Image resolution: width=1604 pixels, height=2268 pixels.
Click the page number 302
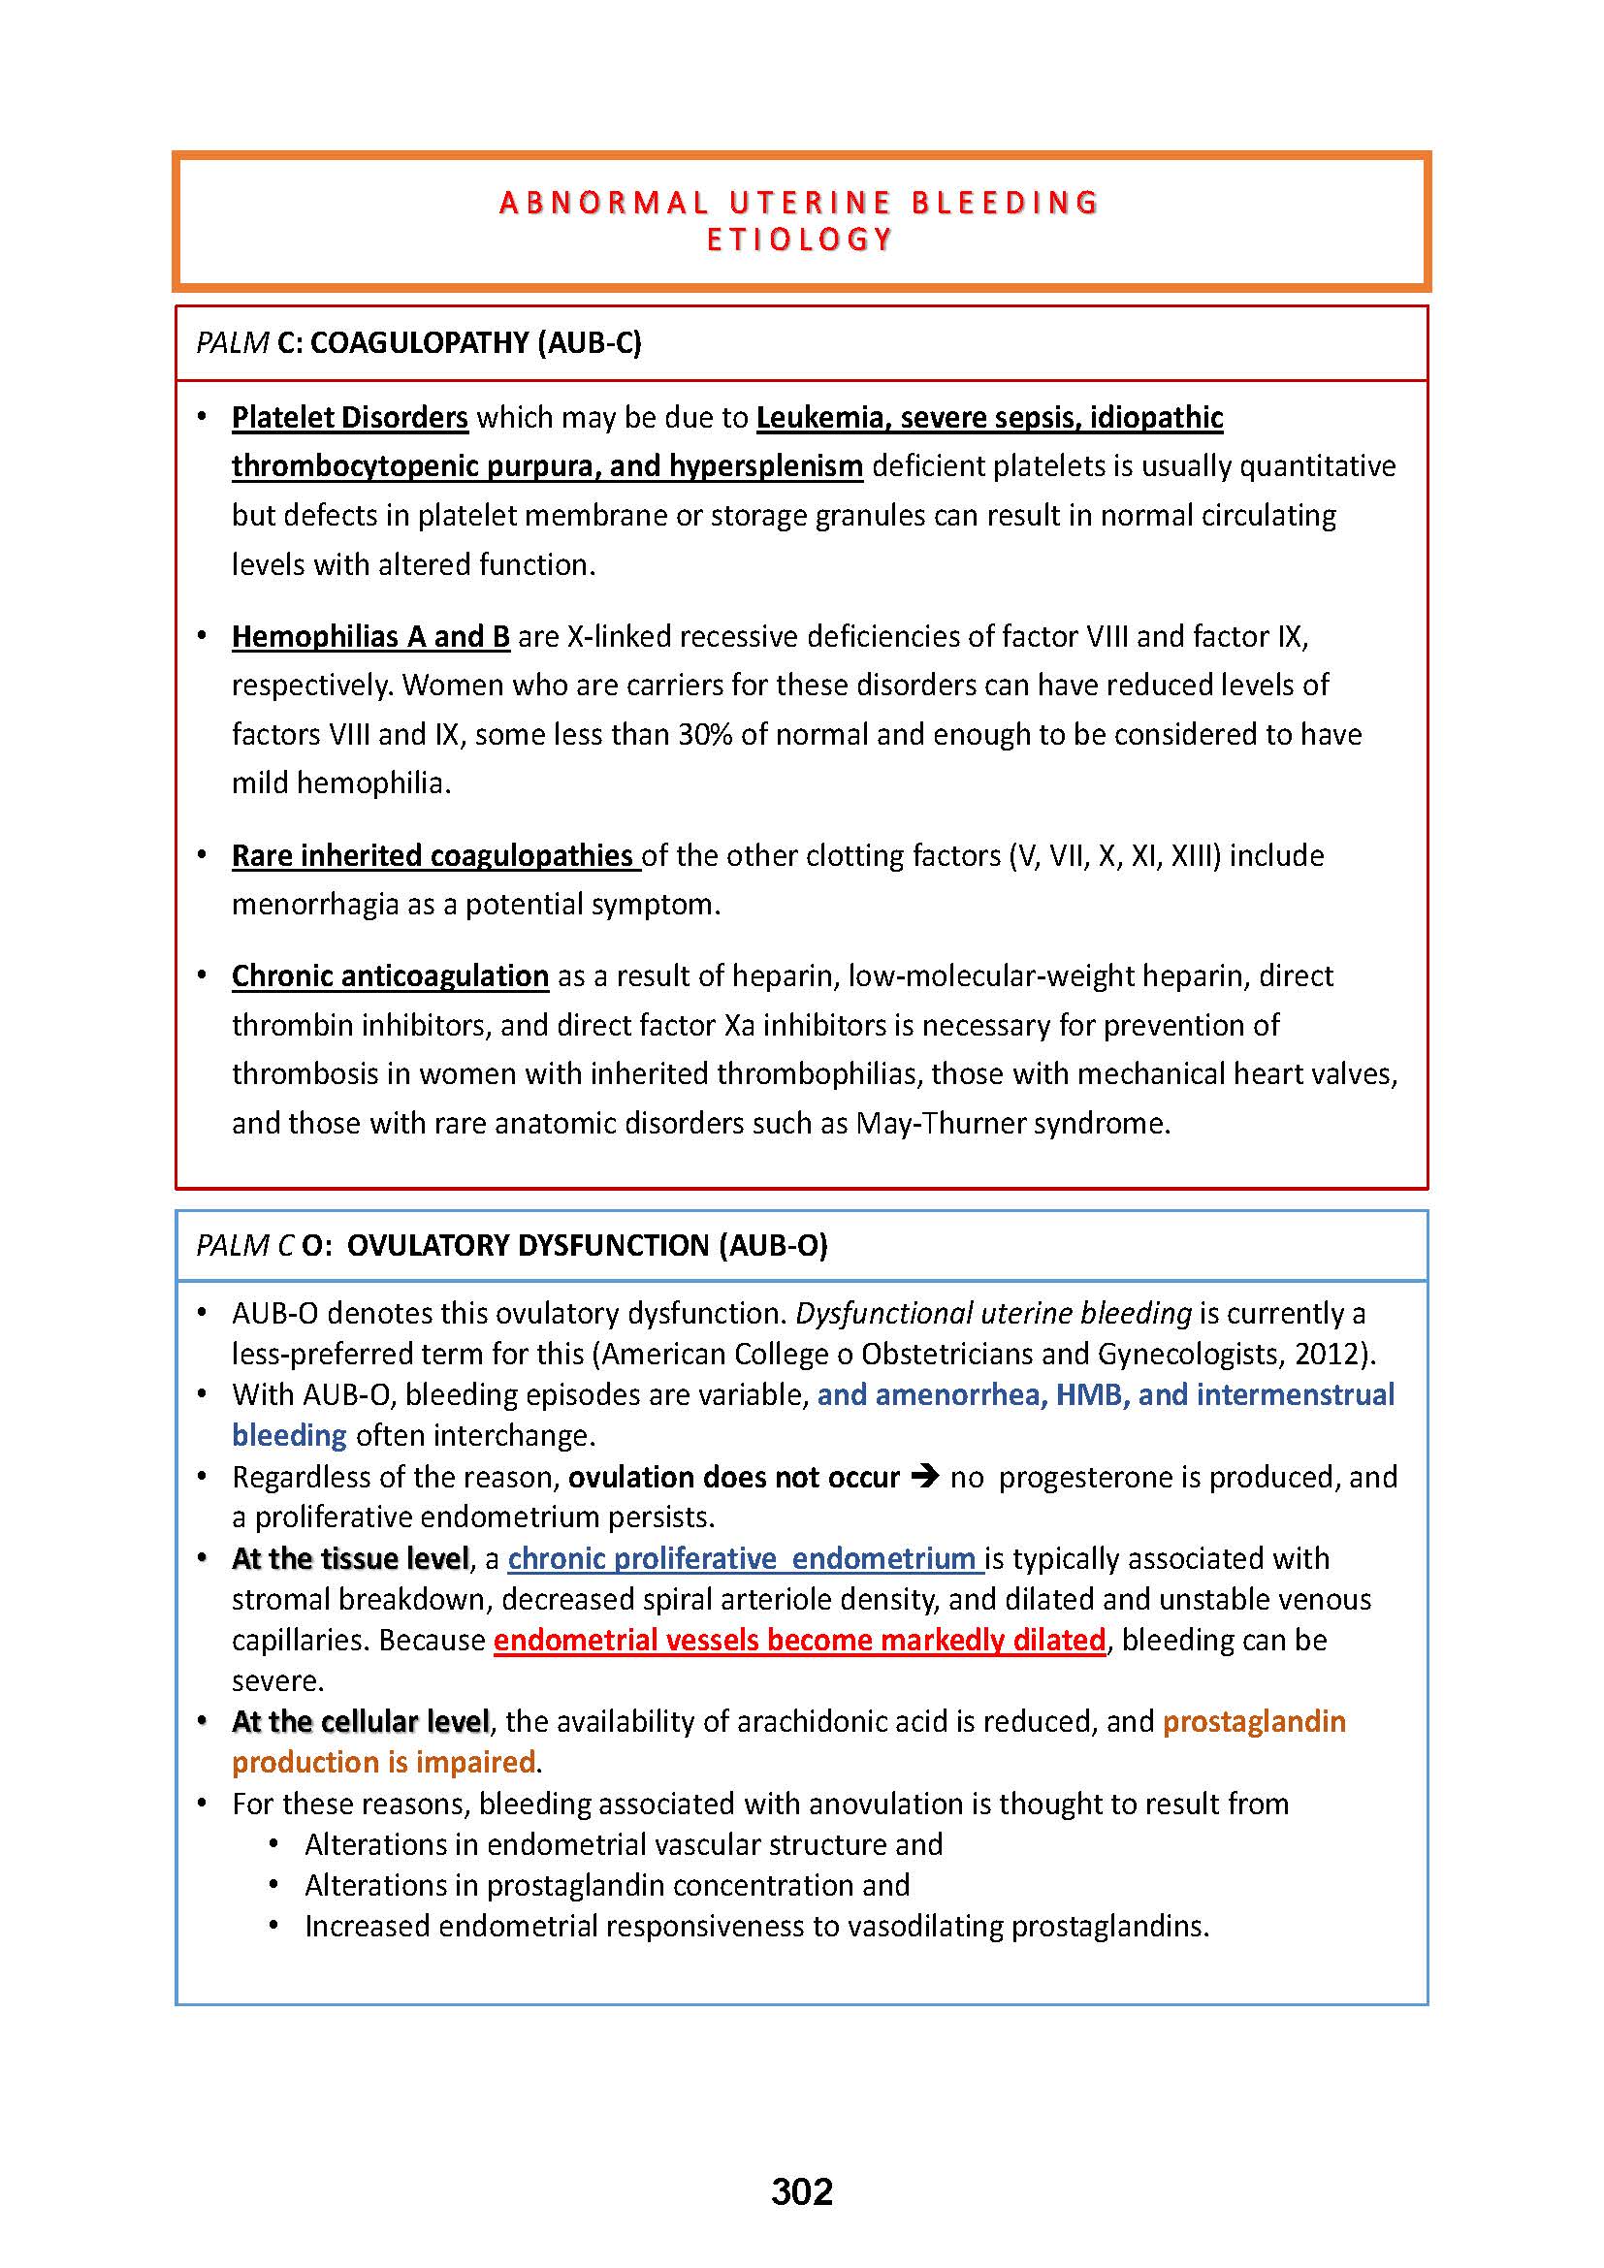point(801,2191)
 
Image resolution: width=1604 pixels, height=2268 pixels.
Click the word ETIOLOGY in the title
point(800,240)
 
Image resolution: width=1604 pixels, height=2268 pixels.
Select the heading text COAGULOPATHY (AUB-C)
point(475,342)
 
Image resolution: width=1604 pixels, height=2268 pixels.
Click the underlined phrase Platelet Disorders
point(350,418)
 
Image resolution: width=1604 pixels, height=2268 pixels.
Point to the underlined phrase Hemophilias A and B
point(370,636)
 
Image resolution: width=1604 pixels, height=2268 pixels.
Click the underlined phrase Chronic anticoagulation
point(390,976)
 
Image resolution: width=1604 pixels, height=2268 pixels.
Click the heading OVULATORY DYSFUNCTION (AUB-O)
point(587,1246)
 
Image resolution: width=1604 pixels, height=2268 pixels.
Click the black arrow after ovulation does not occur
point(924,1478)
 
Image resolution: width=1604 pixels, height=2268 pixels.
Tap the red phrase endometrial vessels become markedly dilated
point(799,1640)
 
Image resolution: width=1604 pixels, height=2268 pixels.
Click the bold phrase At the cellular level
point(361,1722)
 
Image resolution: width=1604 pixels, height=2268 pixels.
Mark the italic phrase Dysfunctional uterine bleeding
point(993,1313)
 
